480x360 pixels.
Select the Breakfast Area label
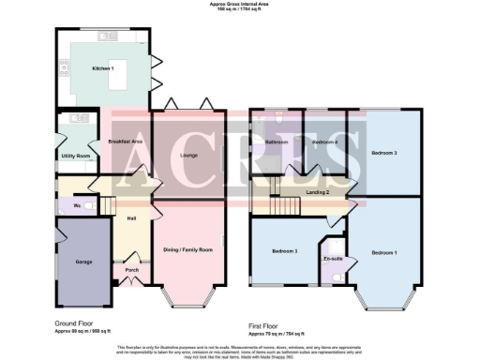125,142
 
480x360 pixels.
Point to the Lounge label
187,156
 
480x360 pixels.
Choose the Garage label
82,261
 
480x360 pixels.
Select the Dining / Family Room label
188,249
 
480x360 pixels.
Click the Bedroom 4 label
324,142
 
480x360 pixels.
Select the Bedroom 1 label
384,253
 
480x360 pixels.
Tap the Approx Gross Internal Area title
240,5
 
